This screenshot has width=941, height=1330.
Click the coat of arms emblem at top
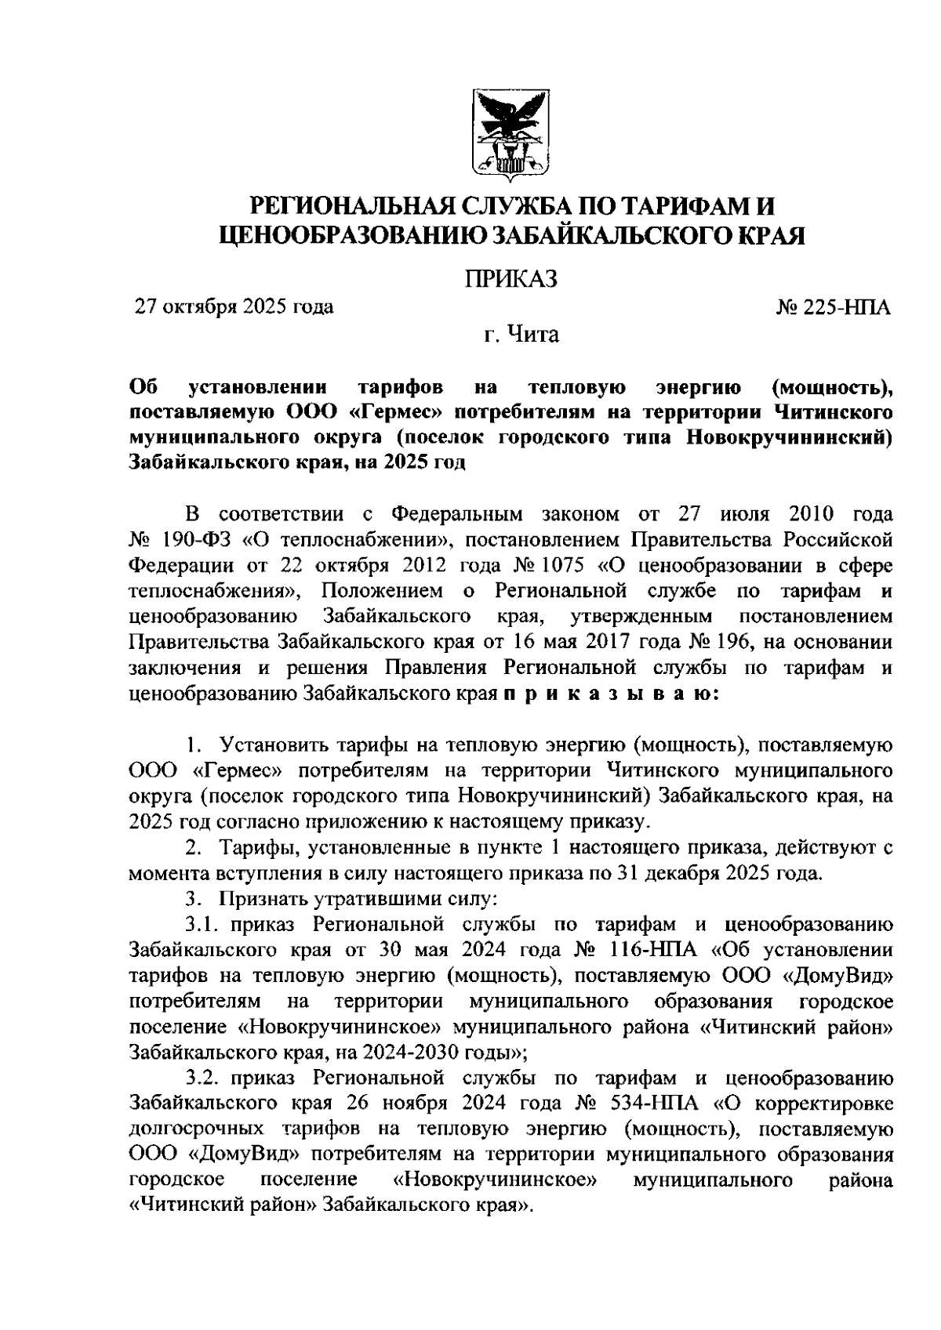510,134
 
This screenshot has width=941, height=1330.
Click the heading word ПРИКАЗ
510,279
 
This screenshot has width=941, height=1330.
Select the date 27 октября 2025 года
234,306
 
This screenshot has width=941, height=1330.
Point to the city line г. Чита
521,335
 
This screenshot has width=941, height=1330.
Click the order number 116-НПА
652,951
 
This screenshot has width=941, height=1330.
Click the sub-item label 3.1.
204,925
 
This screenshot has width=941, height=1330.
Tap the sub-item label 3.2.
204,1078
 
